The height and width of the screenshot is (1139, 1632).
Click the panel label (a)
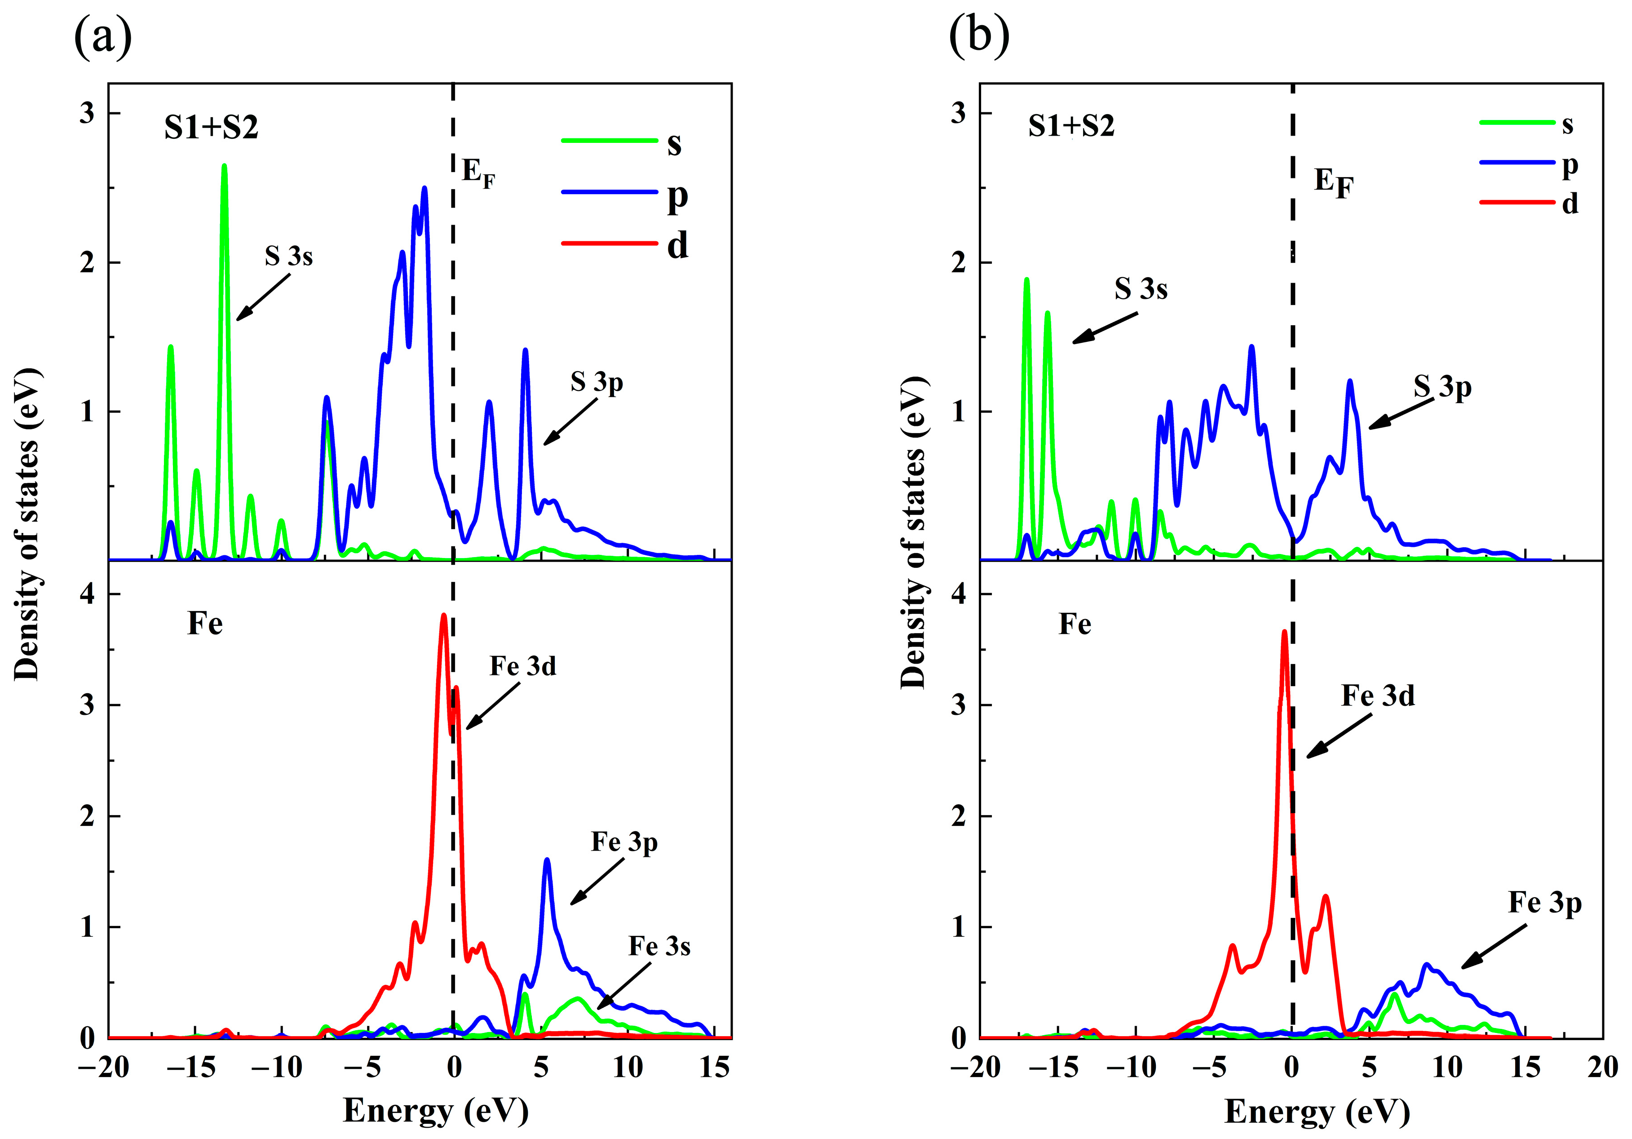click(102, 37)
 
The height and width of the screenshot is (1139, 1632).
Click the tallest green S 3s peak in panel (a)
click(224, 168)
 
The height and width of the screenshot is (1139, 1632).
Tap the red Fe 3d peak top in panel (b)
click(1284, 632)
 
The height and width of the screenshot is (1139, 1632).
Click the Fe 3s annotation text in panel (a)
click(659, 946)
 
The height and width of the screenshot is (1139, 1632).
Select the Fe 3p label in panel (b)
click(1544, 903)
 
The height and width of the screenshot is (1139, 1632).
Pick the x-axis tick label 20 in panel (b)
click(1602, 1067)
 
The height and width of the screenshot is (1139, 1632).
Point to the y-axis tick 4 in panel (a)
click(88, 594)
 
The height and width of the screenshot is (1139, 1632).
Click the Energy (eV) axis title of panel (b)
click(1316, 1111)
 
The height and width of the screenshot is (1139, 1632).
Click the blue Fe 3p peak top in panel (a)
click(547, 860)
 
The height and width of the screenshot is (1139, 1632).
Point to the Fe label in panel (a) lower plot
click(205, 624)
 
